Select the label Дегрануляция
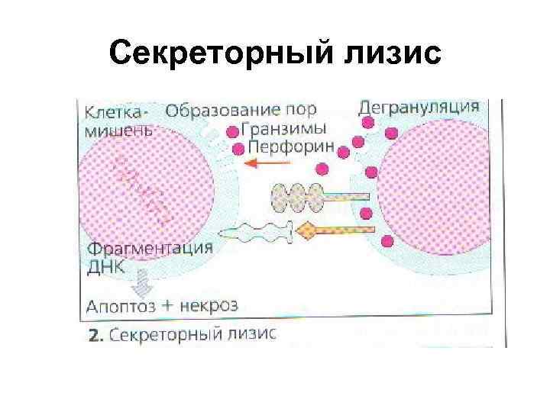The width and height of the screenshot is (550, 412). click(419, 107)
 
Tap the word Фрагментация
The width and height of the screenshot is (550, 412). click(150, 249)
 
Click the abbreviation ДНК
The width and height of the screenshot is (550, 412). click(105, 268)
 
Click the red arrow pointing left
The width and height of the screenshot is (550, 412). click(267, 163)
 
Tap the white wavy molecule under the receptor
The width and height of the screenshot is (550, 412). click(260, 231)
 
